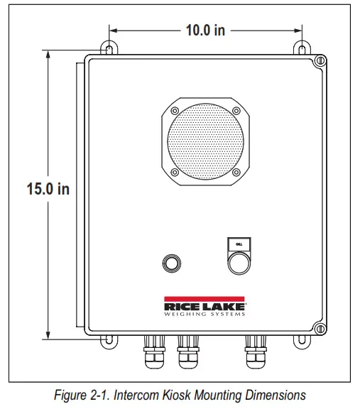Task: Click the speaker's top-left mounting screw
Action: [174, 111]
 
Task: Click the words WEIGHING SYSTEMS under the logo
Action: [205, 312]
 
